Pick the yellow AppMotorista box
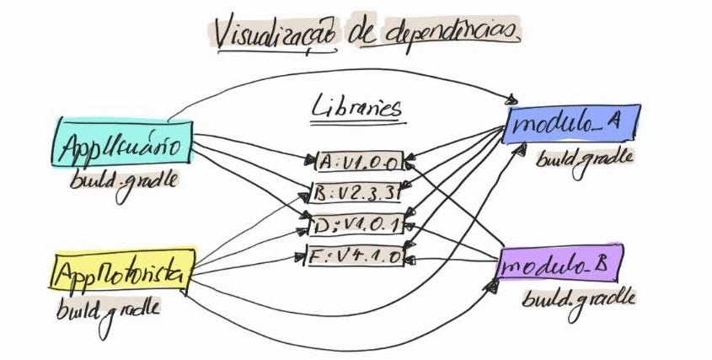pyautogui.click(x=123, y=271)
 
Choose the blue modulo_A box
pyautogui.click(x=570, y=124)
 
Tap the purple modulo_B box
pyautogui.click(x=559, y=266)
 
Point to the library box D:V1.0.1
pyautogui.click(x=355, y=224)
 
